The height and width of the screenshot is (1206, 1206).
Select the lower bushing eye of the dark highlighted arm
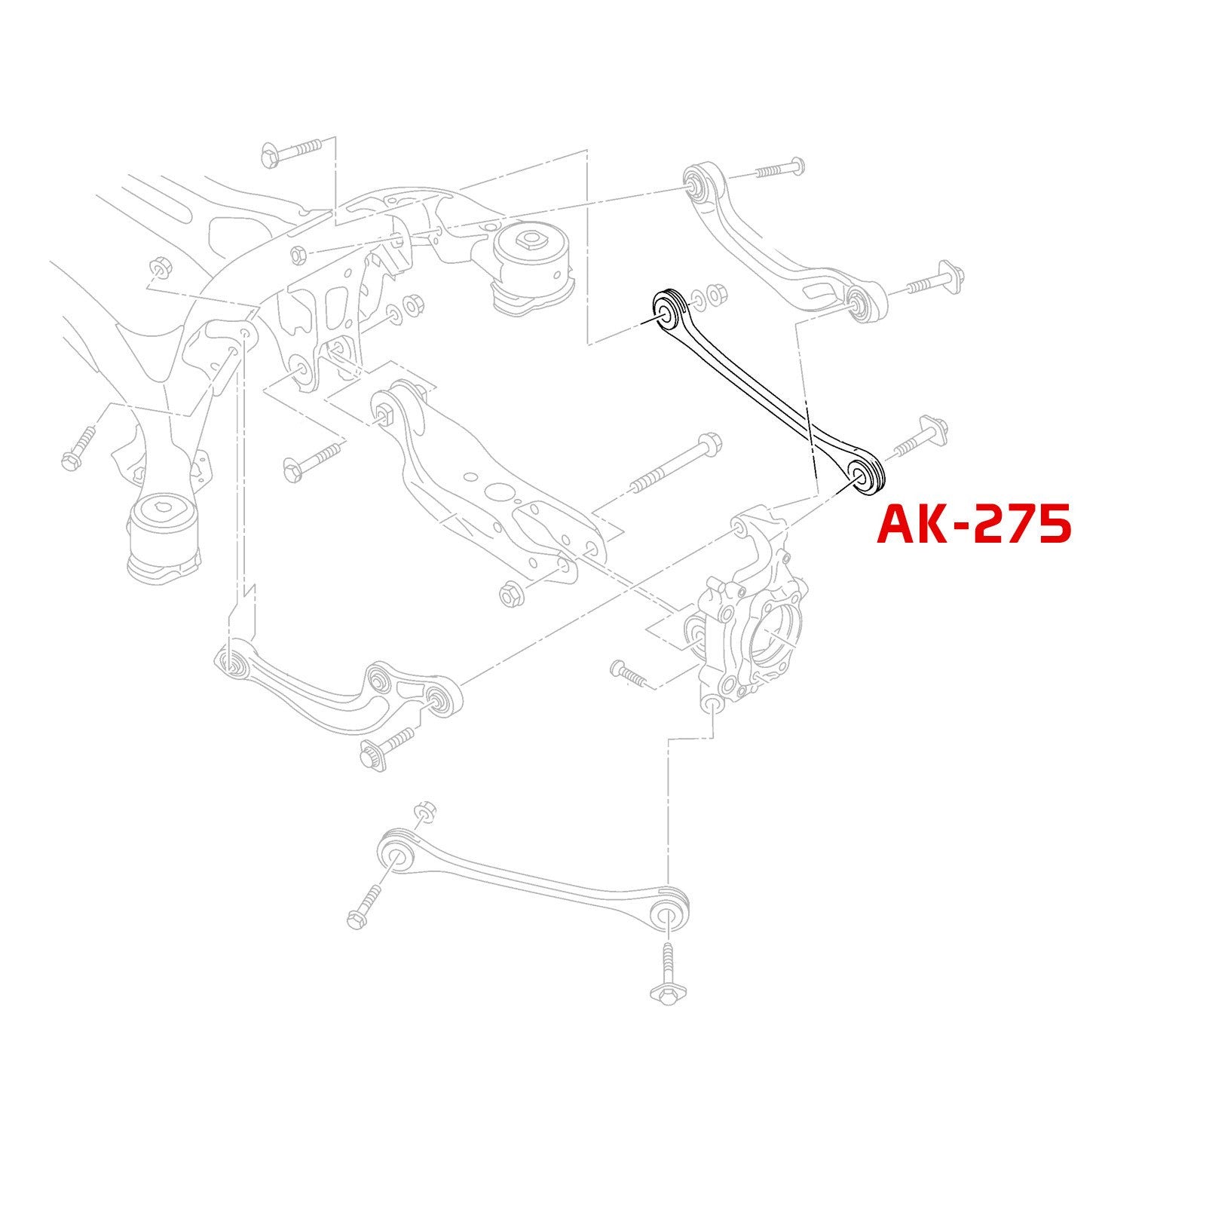click(864, 476)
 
